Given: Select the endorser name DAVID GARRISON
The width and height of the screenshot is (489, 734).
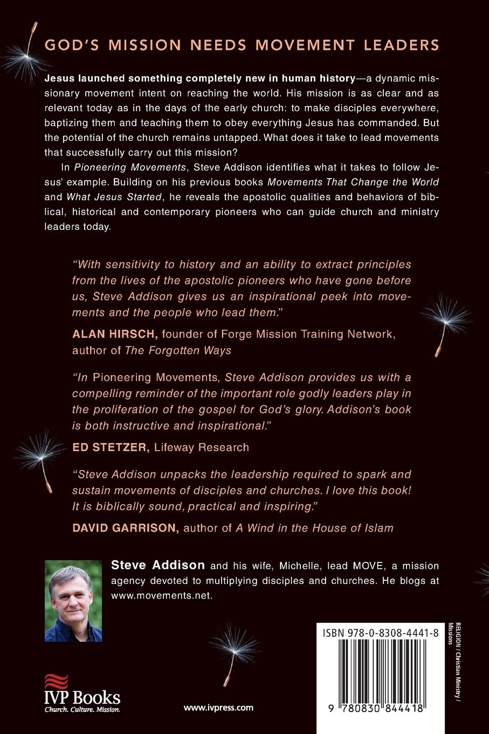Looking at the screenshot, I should click(126, 528).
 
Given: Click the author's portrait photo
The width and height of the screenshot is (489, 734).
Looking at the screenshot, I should click(73, 601).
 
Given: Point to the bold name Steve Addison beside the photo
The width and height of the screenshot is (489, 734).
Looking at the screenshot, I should click(158, 565).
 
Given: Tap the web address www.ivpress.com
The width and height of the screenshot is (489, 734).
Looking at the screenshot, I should click(218, 707).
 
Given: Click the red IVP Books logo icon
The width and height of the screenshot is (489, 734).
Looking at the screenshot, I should click(56, 682).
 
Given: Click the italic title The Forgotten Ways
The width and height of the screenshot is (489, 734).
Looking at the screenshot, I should click(178, 350).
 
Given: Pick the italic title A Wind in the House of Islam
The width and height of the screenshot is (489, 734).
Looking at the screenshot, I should click(314, 528).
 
